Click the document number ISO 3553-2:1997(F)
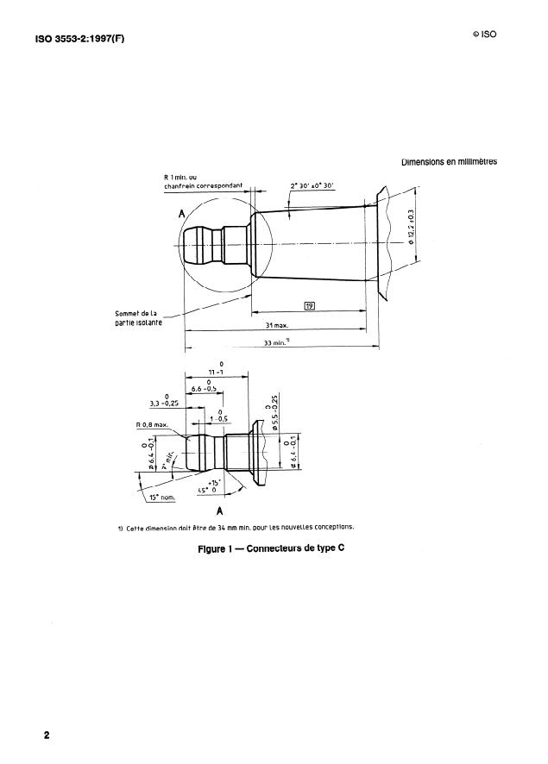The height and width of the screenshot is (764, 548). pos(79,38)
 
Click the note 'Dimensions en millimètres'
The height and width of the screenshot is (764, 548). pos(449,162)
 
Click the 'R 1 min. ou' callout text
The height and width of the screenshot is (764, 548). pos(180,178)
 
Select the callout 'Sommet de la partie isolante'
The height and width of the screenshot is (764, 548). pos(138,318)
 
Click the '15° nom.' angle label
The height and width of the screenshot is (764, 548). pos(161,498)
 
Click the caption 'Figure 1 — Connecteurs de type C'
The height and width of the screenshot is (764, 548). pos(270,548)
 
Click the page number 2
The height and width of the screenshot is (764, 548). pos(47,736)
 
